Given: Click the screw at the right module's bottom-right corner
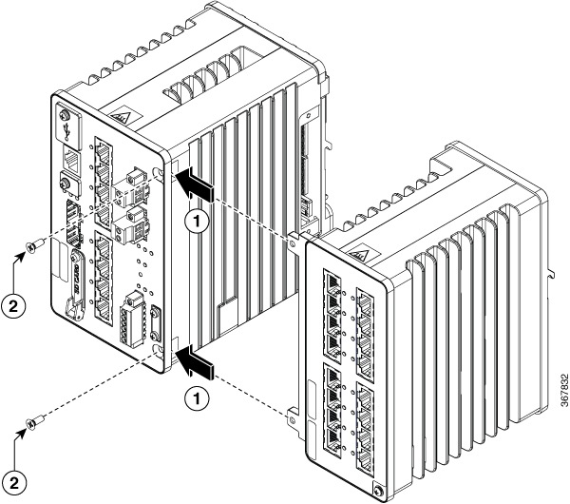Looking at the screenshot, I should tap(380, 492).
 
